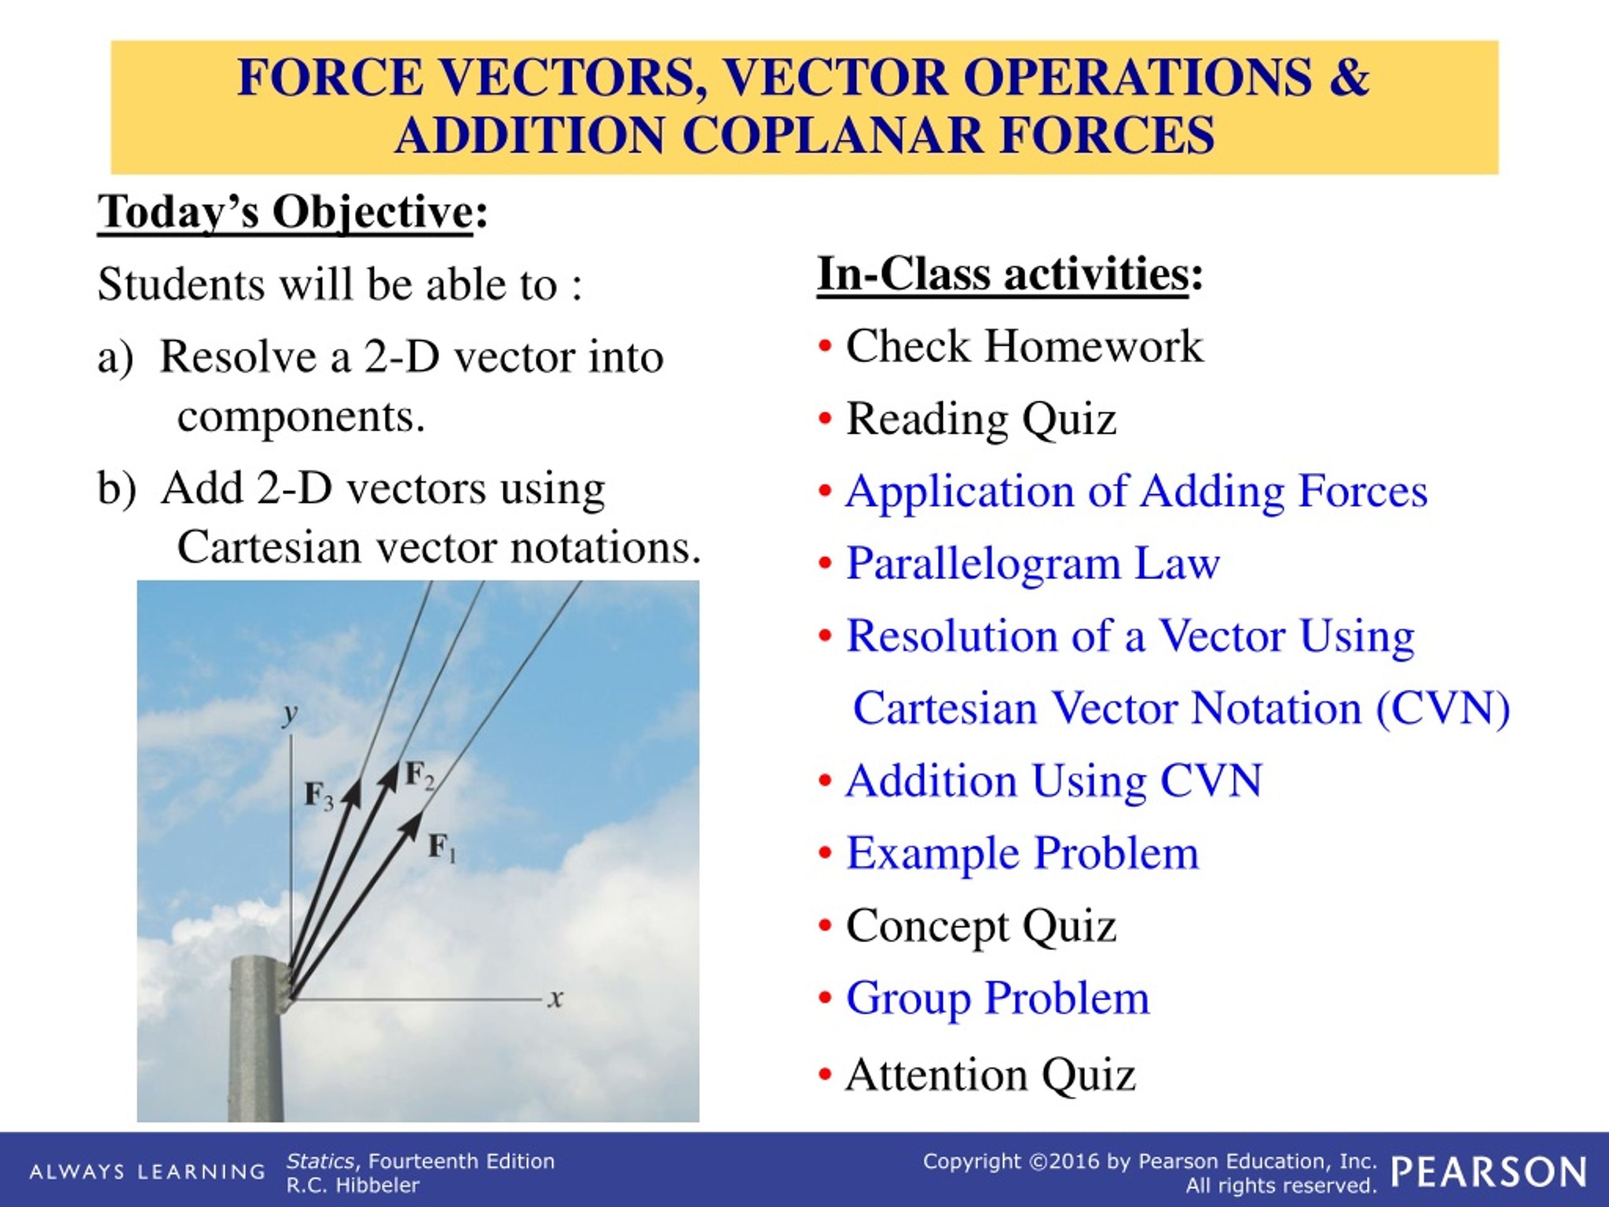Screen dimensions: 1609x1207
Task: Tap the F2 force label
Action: point(420,775)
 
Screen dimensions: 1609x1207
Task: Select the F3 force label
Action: point(319,795)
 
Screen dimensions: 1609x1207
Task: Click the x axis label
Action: point(556,998)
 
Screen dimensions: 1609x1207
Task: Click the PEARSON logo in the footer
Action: point(1488,1172)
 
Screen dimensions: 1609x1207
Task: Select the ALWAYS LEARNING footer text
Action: point(147,1171)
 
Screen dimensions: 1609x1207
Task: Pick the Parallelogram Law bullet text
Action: point(1033,563)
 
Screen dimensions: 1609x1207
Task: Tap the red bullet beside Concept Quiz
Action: point(825,925)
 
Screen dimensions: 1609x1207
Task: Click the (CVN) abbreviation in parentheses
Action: point(1443,708)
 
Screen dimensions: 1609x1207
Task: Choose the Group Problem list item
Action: point(998,998)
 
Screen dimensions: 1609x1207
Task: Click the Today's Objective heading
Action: point(292,212)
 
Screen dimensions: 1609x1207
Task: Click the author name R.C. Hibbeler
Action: point(353,1185)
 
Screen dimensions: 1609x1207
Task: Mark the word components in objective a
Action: point(301,417)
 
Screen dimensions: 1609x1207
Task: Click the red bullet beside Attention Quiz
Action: point(825,1074)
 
